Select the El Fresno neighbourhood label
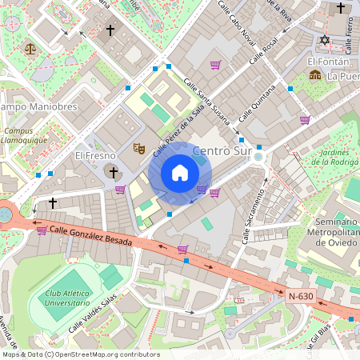click(95, 155)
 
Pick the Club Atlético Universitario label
click(67, 298)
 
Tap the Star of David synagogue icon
click(325, 40)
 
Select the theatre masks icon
click(138, 148)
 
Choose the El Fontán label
click(328, 61)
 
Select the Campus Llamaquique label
click(25, 136)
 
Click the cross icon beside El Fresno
click(113, 172)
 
